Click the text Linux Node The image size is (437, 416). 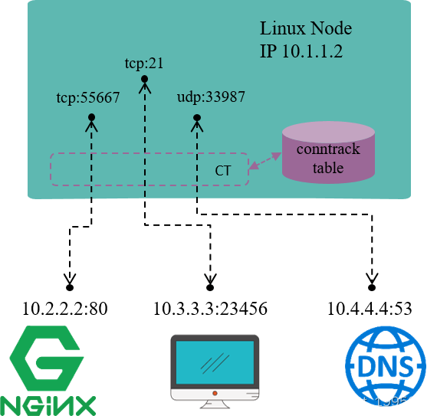(306, 29)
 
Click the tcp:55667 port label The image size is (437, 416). (89, 98)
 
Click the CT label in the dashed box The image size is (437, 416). (223, 171)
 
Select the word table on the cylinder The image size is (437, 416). (327, 167)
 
